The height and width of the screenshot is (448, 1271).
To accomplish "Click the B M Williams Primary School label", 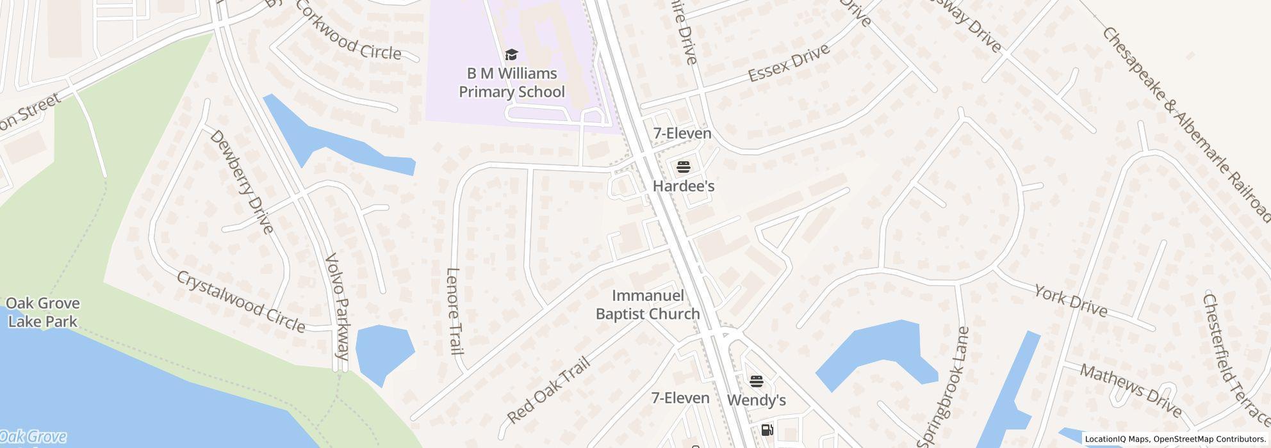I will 511,83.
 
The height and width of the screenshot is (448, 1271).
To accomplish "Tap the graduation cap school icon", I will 511,54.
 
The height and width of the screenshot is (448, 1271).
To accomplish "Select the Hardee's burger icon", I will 683,168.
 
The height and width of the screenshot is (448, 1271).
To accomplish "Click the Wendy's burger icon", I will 756,382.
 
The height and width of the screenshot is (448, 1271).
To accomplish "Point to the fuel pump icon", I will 767,430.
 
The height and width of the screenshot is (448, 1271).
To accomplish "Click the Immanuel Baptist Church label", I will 648,305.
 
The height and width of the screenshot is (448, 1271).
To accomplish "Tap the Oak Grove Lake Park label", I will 43,312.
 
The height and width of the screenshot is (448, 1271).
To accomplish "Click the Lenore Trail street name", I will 454,311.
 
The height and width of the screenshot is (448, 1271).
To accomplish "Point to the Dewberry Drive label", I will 242,182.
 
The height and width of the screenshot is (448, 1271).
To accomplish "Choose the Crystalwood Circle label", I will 241,301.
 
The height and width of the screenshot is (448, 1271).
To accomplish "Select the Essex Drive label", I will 789,63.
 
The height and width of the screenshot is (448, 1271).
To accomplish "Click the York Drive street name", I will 1070,301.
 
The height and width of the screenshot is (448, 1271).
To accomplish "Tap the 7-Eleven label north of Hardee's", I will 682,133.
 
